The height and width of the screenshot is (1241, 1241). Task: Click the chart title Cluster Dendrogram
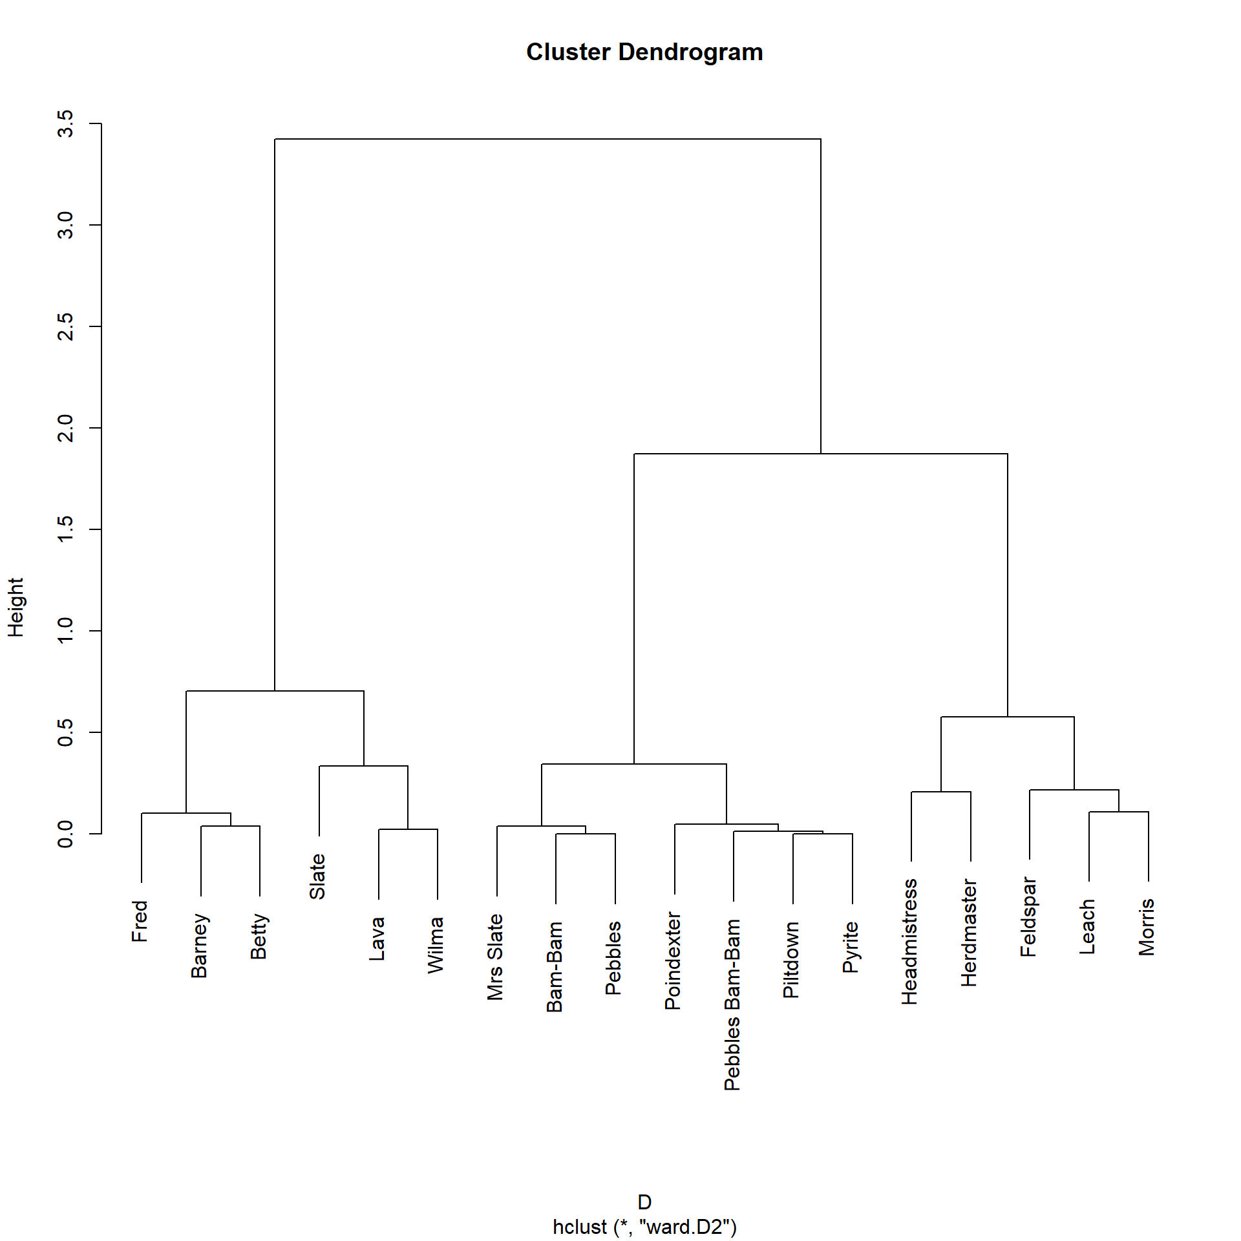[x=644, y=52]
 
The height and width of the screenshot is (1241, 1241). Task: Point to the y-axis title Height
[x=16, y=608]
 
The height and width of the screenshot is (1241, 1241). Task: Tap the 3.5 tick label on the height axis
[x=65, y=123]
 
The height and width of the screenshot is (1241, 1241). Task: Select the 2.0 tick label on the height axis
[x=65, y=428]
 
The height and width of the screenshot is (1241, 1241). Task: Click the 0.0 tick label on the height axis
[x=65, y=834]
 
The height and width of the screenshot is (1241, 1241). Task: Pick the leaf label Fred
[x=140, y=921]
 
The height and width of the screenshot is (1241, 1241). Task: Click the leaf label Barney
[x=199, y=946]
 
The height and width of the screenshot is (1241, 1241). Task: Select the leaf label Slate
[x=317, y=876]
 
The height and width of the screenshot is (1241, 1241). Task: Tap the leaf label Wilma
[x=436, y=945]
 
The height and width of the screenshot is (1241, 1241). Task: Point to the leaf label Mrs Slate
[x=495, y=957]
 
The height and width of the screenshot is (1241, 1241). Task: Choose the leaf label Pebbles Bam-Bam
[x=732, y=1004]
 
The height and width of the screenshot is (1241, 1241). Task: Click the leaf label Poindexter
[x=673, y=960]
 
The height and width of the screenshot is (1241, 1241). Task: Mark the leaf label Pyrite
[x=851, y=947]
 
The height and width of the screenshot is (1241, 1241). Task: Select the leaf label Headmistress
[x=909, y=941]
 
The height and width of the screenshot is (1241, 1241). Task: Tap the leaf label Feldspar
[x=1028, y=917]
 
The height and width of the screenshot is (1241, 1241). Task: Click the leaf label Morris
[x=1147, y=927]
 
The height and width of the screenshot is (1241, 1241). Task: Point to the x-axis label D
[x=644, y=1202]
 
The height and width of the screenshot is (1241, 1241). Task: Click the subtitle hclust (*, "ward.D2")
[x=644, y=1227]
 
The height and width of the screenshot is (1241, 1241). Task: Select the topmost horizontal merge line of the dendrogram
[x=547, y=139]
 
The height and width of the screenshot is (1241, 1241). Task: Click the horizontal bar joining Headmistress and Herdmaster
[x=941, y=792]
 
